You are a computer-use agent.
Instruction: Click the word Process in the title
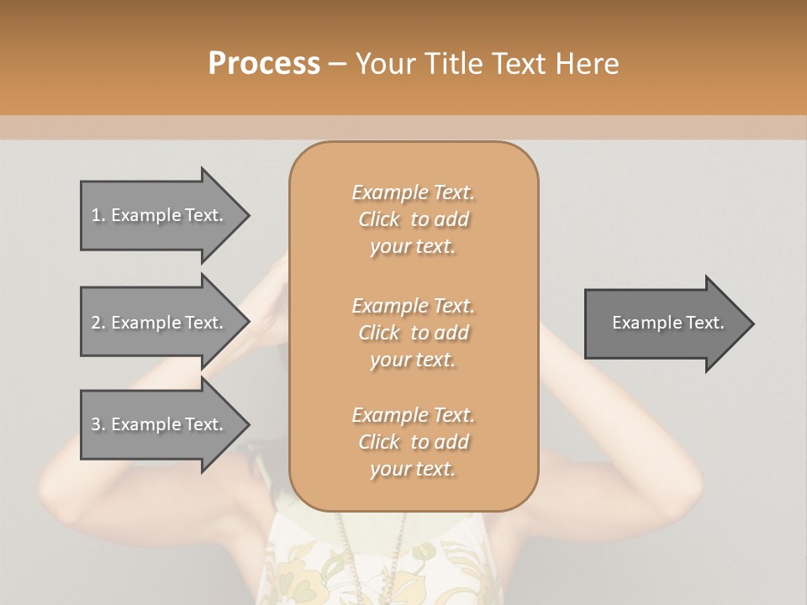click(264, 64)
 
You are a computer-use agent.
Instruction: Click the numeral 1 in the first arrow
click(96, 215)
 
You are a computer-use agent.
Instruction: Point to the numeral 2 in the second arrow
click(96, 323)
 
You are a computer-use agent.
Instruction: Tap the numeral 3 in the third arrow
click(96, 424)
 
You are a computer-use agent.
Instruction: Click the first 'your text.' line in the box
click(413, 247)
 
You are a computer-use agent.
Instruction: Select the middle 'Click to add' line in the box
click(414, 333)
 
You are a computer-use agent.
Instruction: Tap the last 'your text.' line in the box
click(413, 470)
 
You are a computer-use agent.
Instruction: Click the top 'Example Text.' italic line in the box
click(414, 192)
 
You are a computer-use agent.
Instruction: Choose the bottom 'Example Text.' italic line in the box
click(414, 415)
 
